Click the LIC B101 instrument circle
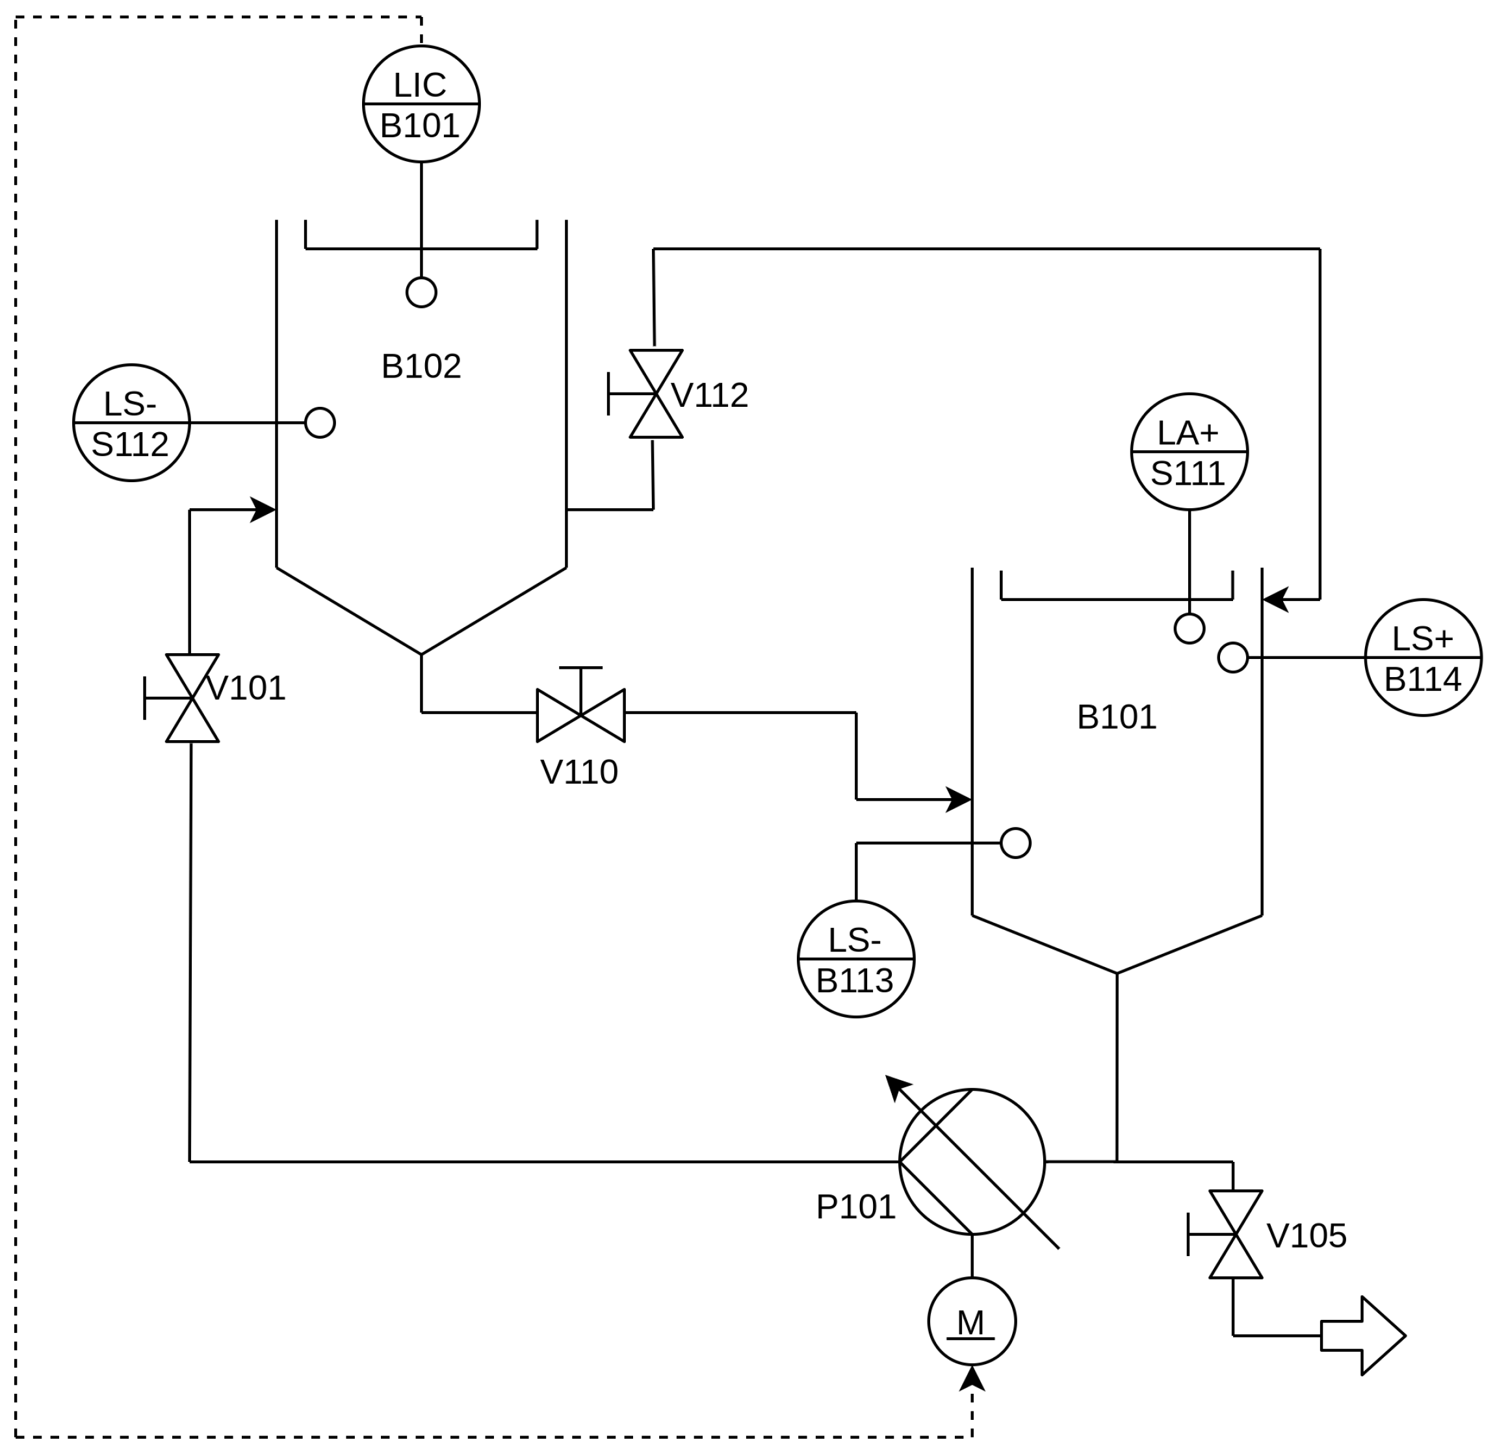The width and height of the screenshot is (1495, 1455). (x=421, y=104)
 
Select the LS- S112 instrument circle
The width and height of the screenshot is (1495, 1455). (x=131, y=422)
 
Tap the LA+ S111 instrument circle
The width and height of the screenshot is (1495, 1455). (x=1189, y=452)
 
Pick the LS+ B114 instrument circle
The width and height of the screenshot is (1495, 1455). (x=1423, y=657)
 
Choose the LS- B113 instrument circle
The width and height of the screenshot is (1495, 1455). (x=856, y=959)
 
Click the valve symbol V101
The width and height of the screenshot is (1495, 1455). (x=192, y=698)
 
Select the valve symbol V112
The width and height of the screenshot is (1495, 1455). (x=656, y=394)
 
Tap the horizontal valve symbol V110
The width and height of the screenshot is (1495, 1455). (x=581, y=715)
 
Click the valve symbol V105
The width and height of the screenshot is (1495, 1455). (x=1236, y=1234)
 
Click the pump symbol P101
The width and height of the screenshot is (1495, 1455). (x=972, y=1161)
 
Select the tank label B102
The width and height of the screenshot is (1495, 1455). (x=421, y=367)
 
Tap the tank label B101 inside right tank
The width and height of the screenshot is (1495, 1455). (x=1117, y=717)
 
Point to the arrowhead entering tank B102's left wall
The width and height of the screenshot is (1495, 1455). (x=265, y=509)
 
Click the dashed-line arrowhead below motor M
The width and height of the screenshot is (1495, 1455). (x=972, y=1378)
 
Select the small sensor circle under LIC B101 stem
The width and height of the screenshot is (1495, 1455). (x=421, y=292)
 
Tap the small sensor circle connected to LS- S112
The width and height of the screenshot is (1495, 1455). (x=320, y=422)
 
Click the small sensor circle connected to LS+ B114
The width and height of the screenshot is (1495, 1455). (x=1233, y=657)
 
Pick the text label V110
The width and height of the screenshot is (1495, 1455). (x=578, y=773)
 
